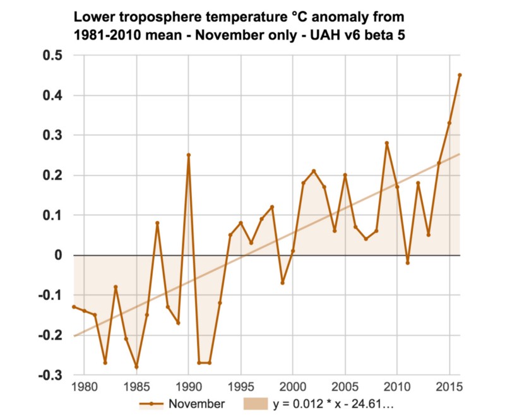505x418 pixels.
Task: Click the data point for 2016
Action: tap(460, 75)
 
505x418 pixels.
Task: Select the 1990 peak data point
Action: tap(189, 155)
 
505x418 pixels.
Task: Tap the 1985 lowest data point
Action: tap(136, 367)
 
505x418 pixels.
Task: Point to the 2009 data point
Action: tap(387, 143)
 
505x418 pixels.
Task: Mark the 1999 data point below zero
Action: tap(283, 283)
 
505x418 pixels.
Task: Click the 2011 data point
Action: tap(408, 263)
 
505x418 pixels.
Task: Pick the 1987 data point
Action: tap(157, 223)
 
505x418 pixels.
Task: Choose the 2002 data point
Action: tap(314, 171)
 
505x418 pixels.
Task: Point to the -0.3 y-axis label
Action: tap(51, 375)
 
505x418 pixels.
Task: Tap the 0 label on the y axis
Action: tap(58, 255)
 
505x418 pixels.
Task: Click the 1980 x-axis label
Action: tap(84, 386)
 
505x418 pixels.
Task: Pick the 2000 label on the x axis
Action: tap(293, 386)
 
